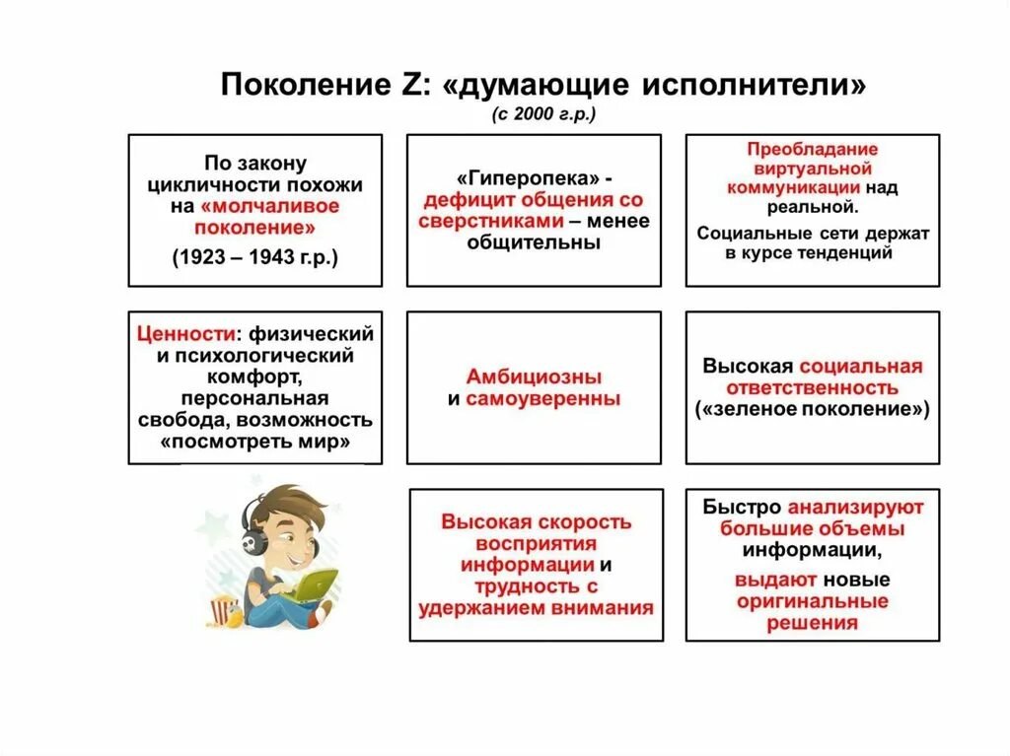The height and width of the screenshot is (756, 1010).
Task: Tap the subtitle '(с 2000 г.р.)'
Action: tap(543, 114)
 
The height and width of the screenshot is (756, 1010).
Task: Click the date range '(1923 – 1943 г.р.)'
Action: tap(255, 257)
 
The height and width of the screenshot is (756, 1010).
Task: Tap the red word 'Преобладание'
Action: tap(812, 148)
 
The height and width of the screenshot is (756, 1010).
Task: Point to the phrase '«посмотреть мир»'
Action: tap(254, 442)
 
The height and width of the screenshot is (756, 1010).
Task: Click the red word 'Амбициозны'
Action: tap(534, 378)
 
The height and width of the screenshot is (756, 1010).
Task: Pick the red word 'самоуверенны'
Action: tap(543, 400)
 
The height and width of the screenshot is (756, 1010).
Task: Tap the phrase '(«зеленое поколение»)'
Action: tap(812, 410)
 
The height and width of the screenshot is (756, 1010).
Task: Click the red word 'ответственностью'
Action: tap(812, 387)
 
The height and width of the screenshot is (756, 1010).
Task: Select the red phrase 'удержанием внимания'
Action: tap(535, 608)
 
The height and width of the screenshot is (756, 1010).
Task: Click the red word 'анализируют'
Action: tap(855, 508)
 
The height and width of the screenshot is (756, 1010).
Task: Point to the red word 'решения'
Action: tap(812, 623)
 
